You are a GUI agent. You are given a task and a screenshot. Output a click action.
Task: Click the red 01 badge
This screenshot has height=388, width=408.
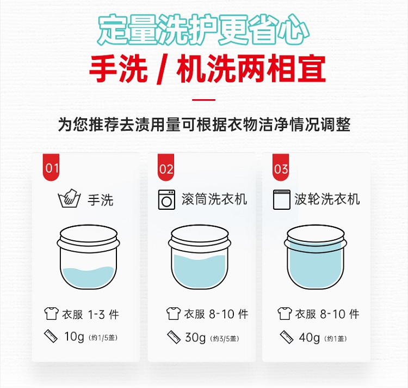pyautogui.click(x=51, y=167)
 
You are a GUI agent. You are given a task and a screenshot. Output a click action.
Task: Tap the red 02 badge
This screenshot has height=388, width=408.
pyautogui.click(x=166, y=167)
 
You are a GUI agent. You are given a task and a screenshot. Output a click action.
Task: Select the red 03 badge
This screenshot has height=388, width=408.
pyautogui.click(x=281, y=167)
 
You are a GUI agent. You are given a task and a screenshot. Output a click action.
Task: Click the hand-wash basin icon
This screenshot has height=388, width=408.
pyautogui.click(x=69, y=198)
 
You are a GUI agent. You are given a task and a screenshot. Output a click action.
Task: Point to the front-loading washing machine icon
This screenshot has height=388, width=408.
pyautogui.click(x=166, y=200)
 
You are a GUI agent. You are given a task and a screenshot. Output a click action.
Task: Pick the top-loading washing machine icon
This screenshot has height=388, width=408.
pyautogui.click(x=282, y=200)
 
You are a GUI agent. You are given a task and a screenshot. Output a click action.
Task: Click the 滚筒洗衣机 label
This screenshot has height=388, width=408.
pyautogui.click(x=214, y=199)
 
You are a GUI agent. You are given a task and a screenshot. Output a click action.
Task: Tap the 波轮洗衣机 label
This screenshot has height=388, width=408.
pyautogui.click(x=327, y=199)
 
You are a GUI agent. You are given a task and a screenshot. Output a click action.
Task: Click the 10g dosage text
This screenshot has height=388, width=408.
pyautogui.click(x=74, y=337)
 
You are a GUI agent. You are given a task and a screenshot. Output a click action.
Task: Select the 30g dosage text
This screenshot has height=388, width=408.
pyautogui.click(x=195, y=338)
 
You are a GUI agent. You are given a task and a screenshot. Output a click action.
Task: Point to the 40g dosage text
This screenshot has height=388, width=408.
pyautogui.click(x=309, y=338)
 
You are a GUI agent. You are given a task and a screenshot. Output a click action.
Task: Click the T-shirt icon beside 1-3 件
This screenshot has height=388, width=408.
pyautogui.click(x=51, y=313)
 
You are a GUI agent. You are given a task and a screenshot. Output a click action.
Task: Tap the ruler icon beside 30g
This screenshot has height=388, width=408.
pyautogui.click(x=174, y=337)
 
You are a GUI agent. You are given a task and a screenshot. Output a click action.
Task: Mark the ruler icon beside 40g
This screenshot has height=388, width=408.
pyautogui.click(x=287, y=337)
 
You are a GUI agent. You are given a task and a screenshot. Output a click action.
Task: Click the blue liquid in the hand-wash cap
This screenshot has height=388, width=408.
pyautogui.click(x=89, y=277)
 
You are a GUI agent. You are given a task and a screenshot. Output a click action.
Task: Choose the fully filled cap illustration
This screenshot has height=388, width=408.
pyautogui.click(x=316, y=257)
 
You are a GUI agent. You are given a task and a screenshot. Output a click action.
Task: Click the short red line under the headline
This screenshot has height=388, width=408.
pyautogui.click(x=204, y=100)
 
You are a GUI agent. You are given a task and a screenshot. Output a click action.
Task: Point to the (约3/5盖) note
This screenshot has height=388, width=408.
pyautogui.click(x=225, y=339)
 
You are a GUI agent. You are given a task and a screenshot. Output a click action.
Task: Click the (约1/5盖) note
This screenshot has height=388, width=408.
pyautogui.click(x=103, y=338)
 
